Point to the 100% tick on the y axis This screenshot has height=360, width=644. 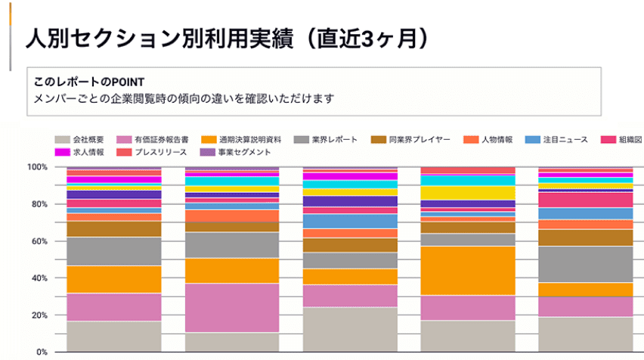click(37, 166)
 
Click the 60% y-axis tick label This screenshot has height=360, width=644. click(39, 241)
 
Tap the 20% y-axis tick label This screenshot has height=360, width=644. click(39, 315)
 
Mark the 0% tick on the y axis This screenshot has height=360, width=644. click(42, 352)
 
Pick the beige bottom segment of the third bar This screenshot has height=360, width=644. click(350, 329)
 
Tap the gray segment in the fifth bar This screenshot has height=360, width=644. click(585, 264)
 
